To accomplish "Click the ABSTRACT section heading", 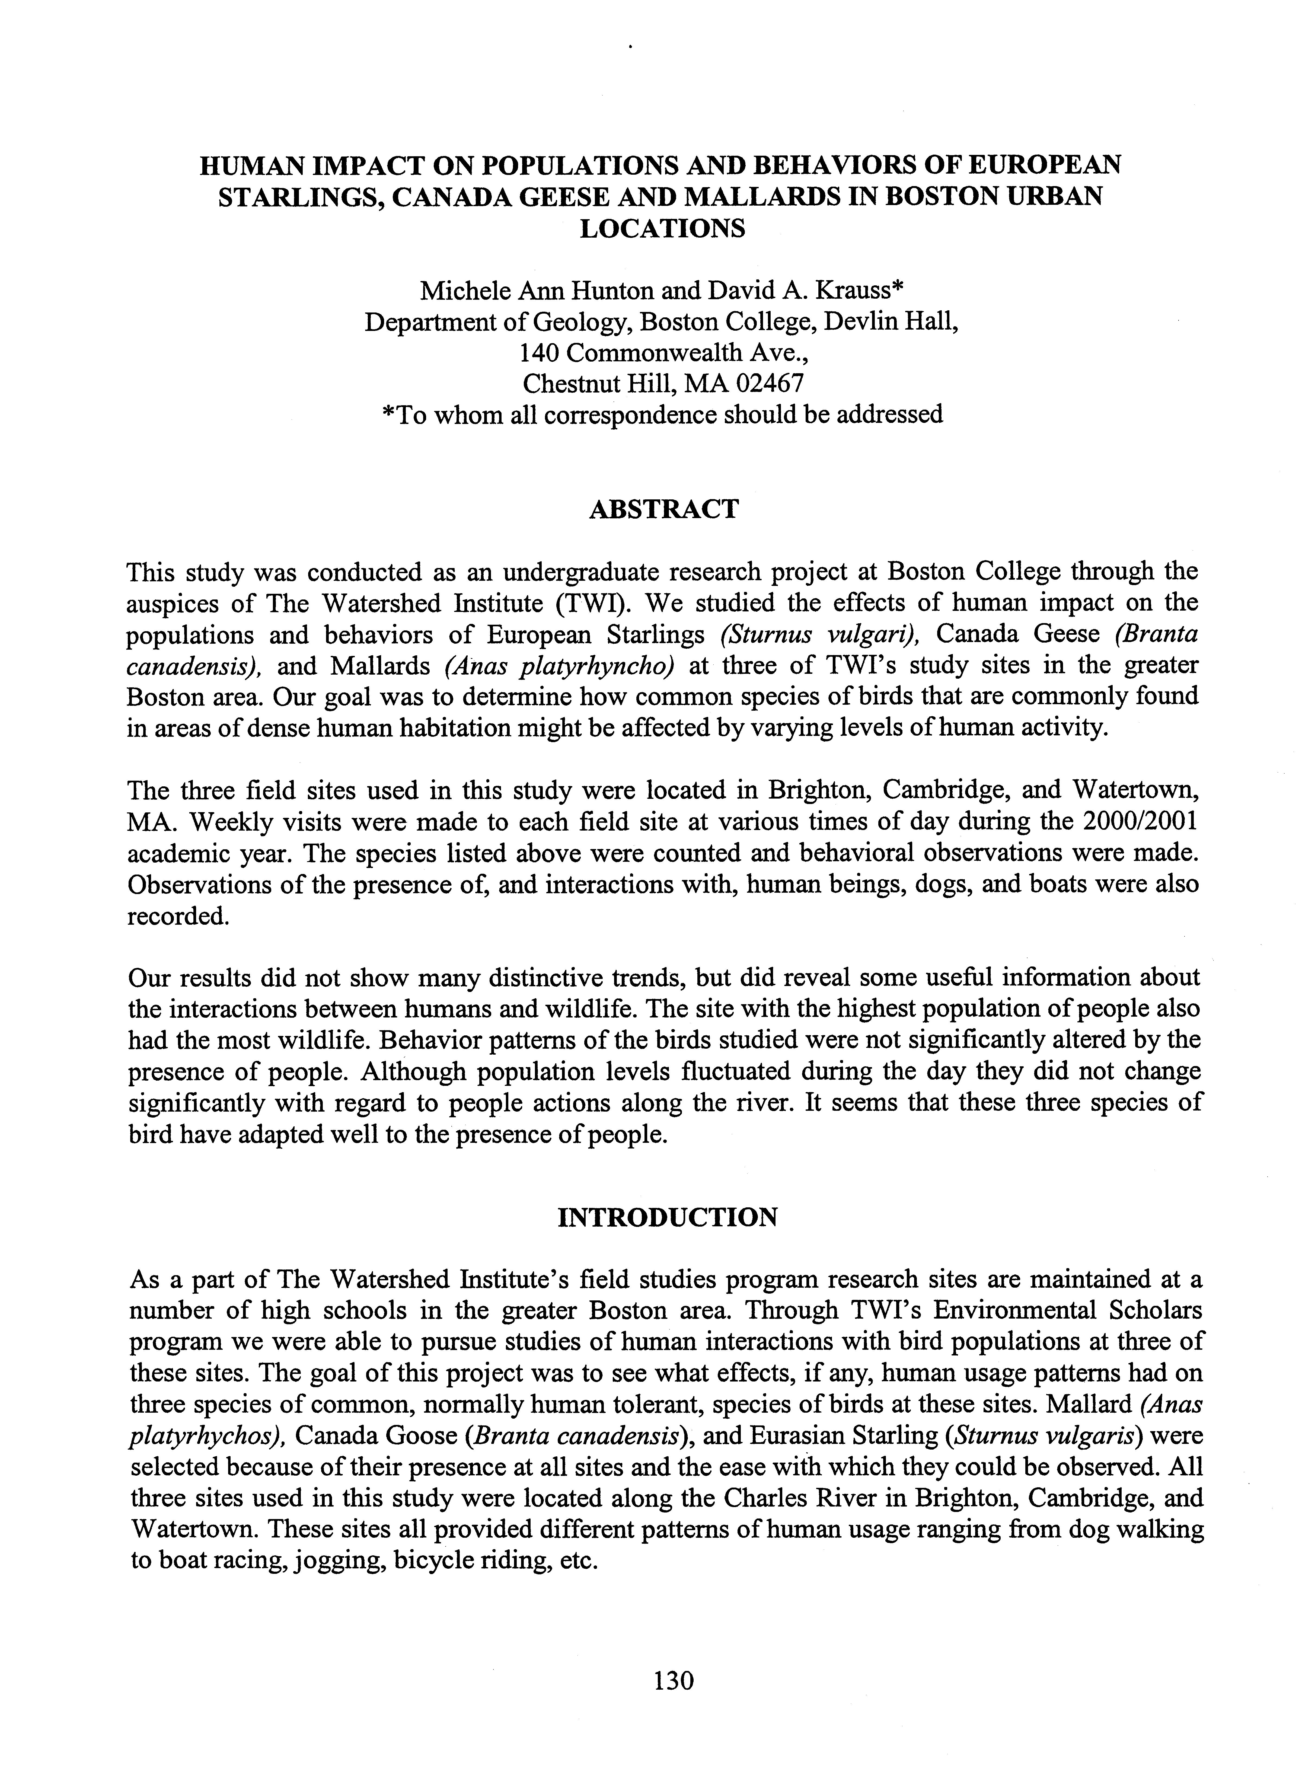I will (663, 509).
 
